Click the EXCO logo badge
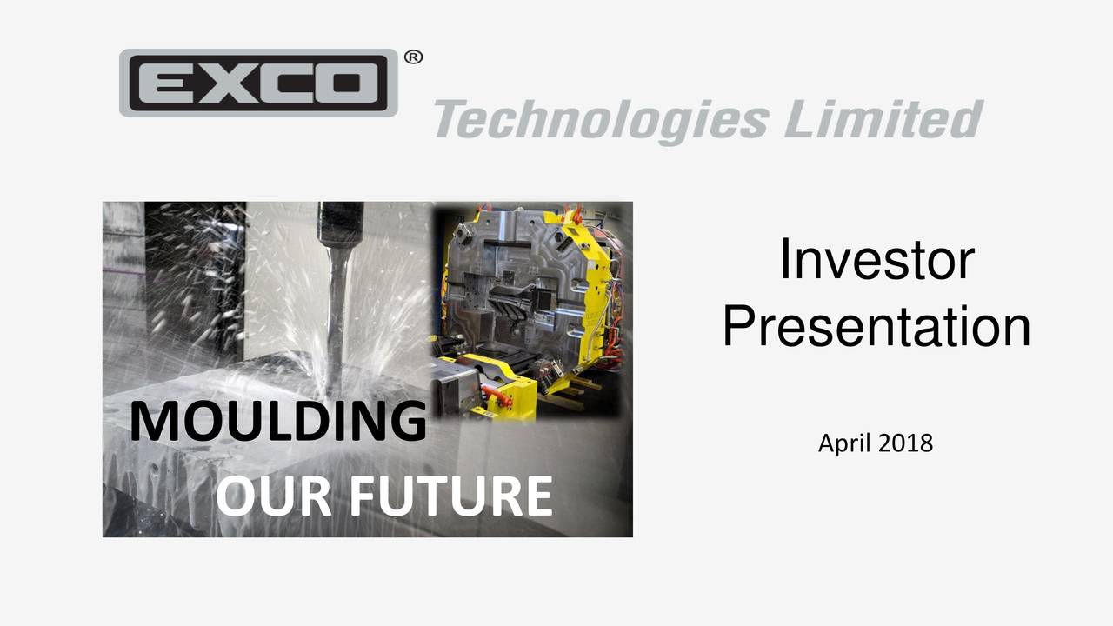258,83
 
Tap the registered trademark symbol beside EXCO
414,57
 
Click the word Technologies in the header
600,120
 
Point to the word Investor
876,259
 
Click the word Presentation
876,327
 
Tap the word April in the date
843,443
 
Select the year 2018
904,443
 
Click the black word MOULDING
278,422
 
